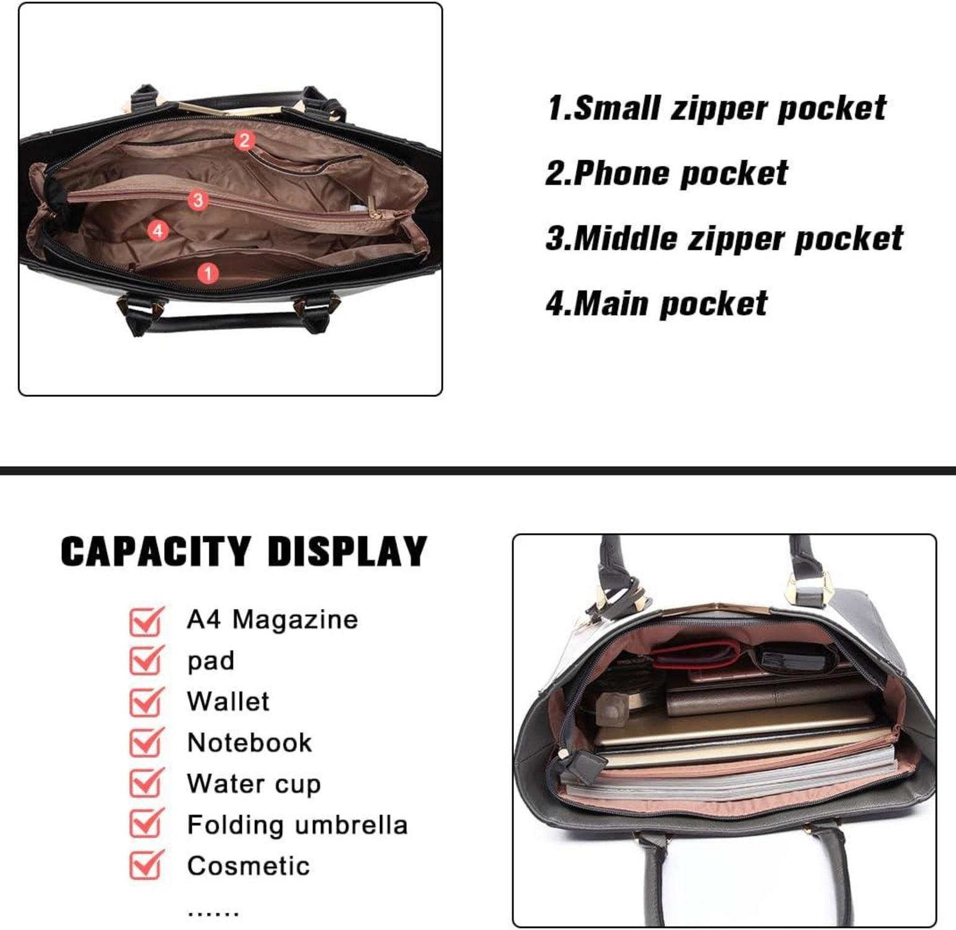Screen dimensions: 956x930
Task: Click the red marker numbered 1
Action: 208,273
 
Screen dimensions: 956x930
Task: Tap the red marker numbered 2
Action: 244,141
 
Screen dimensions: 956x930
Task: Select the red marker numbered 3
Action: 198,200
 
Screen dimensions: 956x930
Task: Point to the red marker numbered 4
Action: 158,231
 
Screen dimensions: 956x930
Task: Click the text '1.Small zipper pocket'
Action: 716,108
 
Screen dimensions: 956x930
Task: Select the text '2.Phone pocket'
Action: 666,174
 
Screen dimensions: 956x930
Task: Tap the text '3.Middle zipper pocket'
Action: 724,239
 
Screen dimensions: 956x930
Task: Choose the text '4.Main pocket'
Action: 657,304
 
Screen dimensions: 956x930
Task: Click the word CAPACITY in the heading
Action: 156,551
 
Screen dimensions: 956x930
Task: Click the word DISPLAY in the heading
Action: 347,551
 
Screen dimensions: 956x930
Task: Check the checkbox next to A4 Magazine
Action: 146,621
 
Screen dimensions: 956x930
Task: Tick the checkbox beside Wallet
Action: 146,702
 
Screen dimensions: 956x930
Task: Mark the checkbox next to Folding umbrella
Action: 146,825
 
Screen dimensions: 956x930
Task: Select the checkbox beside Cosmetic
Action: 146,866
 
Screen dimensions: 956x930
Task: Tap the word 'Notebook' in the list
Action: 249,743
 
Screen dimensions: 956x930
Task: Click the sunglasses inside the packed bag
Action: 790,660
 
